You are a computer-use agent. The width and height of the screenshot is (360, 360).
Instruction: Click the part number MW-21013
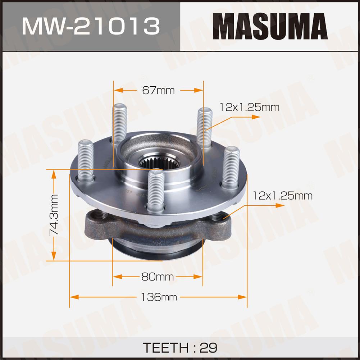[91, 26]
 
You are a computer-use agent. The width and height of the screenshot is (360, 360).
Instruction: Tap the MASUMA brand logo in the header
[270, 26]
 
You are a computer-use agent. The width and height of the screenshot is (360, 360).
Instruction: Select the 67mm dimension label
[158, 91]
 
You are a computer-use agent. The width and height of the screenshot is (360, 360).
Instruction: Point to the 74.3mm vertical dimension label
[54, 215]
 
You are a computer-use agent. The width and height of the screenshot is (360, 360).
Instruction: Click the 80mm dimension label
[158, 277]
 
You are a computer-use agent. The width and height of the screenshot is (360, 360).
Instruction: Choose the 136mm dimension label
[159, 297]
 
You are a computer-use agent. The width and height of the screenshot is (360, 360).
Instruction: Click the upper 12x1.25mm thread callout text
[250, 107]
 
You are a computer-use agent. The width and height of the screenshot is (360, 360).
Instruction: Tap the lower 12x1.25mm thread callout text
[283, 196]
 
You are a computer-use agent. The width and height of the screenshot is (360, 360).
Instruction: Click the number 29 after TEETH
[208, 348]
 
